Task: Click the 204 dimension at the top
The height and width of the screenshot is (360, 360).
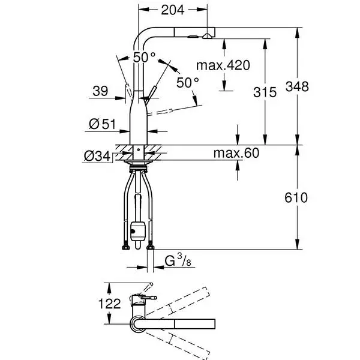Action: click(172, 10)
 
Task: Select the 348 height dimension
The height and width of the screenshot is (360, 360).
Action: click(297, 87)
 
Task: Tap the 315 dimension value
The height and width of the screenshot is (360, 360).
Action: click(265, 92)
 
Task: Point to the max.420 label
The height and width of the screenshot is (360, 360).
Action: click(223, 65)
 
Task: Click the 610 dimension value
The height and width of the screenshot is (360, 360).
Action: click(296, 197)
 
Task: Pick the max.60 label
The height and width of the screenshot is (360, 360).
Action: click(236, 153)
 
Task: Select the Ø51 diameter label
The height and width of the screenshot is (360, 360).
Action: click(103, 124)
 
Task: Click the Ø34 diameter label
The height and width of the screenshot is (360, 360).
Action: click(97, 157)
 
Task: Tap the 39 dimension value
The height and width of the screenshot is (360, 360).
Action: click(100, 91)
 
